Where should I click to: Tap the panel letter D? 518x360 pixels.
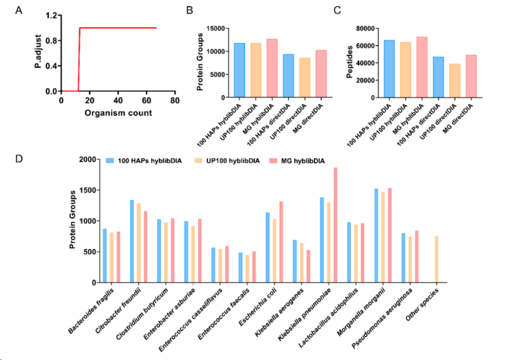(19, 159)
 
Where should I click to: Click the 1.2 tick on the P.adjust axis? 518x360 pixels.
(51, 15)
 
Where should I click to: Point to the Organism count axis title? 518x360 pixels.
(118, 113)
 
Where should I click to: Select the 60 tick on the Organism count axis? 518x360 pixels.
(146, 100)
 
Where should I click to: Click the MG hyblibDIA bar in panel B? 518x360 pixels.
(272, 69)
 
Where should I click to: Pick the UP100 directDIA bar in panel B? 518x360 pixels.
(305, 78)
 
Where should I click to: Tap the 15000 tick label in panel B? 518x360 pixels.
(216, 28)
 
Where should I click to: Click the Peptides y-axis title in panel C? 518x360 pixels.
(349, 62)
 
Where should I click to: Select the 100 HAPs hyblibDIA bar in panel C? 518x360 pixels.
(389, 69)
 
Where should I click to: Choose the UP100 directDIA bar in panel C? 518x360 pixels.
(455, 81)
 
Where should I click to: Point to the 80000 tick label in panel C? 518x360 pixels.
(365, 28)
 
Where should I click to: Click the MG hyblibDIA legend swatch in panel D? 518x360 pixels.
(273, 161)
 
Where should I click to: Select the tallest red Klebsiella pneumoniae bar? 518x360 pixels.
(335, 225)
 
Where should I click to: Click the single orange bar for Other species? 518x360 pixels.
(436, 260)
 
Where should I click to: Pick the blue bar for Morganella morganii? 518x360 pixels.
(376, 236)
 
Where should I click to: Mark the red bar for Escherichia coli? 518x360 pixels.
(281, 242)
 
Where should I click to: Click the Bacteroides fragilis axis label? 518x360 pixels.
(91, 311)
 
